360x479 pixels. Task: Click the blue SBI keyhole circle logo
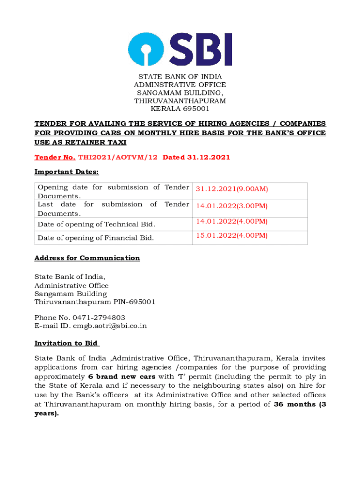[146, 49]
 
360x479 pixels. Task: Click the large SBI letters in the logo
[202, 49]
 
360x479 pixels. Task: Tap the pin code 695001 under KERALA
[194, 109]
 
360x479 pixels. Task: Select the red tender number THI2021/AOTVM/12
[118, 157]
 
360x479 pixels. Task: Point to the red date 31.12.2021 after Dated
[209, 157]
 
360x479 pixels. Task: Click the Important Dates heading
[66, 172]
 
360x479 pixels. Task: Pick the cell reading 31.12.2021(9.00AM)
[232, 189]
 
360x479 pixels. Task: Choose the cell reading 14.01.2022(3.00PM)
[232, 206]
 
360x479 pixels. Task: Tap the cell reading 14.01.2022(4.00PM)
[232, 221]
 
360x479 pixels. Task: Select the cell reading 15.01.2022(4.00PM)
[232, 235]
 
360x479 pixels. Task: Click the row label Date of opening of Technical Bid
[96, 225]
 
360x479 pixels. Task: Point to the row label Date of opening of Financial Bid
[96, 238]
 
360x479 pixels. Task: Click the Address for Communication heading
[87, 258]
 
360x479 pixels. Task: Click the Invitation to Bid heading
[66, 343]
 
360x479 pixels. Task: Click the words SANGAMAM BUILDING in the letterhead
[180, 93]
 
